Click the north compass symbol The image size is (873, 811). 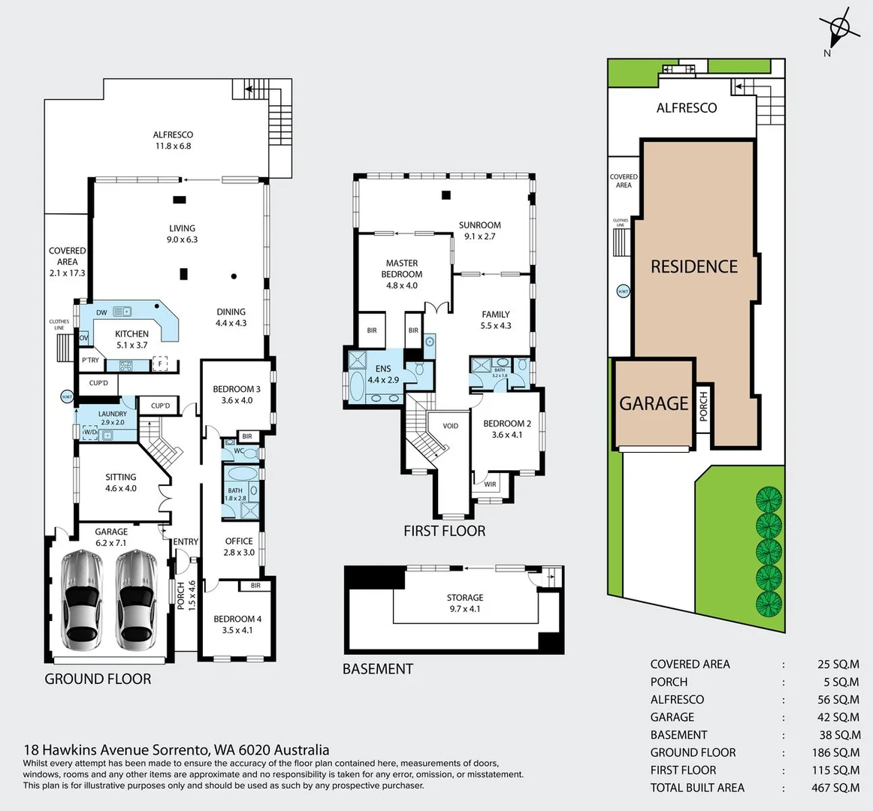[x=839, y=31]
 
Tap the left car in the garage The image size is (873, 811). [x=82, y=600]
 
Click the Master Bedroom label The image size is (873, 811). [x=402, y=274]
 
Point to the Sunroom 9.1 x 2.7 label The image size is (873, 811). [x=479, y=231]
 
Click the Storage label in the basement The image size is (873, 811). [x=464, y=603]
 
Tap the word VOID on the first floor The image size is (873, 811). [x=450, y=426]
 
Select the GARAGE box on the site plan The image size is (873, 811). [x=654, y=404]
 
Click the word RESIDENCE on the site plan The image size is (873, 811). [x=693, y=267]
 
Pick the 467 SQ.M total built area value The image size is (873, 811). [x=838, y=788]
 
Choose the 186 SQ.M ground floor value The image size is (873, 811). [x=838, y=752]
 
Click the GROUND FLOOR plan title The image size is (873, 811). [x=98, y=679]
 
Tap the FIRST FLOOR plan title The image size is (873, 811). [x=444, y=531]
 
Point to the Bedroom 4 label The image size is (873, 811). [x=237, y=624]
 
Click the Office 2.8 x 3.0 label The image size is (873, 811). [x=239, y=547]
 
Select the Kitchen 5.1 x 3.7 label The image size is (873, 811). [x=131, y=339]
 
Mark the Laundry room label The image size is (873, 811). [x=113, y=418]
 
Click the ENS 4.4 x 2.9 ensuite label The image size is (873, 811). [x=382, y=375]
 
